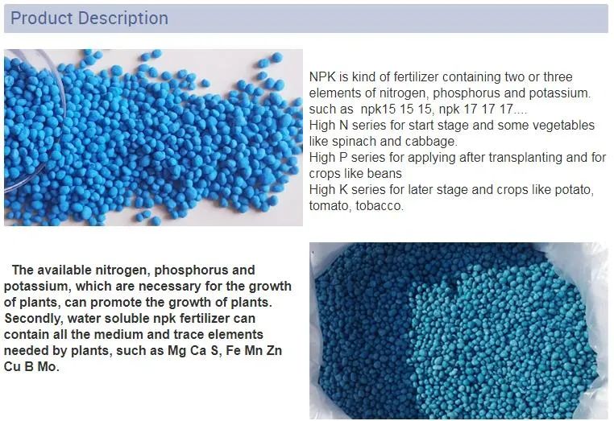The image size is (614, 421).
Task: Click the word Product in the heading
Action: tap(42, 19)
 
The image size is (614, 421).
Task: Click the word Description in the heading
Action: tap(122, 19)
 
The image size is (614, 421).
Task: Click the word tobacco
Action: tap(379, 206)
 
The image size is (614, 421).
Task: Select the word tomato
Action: tap(330, 206)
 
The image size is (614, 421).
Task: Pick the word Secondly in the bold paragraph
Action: tap(33, 319)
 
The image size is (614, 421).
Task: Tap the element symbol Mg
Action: tap(176, 351)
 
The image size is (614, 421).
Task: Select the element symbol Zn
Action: tap(274, 351)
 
